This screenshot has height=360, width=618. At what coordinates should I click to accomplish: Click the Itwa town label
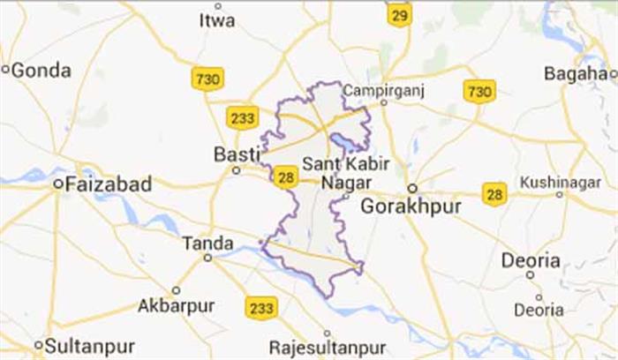point(217,19)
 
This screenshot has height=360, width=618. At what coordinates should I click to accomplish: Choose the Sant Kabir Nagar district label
point(333,173)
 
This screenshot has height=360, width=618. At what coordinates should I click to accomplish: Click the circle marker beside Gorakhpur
point(411,188)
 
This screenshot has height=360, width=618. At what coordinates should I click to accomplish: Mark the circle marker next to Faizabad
point(57,184)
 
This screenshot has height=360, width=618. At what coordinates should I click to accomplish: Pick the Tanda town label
point(207,243)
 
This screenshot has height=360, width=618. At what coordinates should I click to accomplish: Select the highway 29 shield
point(399,14)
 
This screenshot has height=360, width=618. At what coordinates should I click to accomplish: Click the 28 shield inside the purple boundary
point(284,177)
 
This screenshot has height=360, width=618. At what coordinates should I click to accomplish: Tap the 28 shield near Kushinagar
point(494,192)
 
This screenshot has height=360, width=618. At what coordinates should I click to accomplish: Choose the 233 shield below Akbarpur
point(262,306)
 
